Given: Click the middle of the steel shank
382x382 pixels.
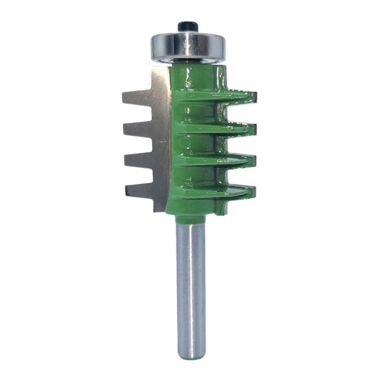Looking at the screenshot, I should [x=191, y=287].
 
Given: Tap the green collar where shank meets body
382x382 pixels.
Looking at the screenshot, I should [x=190, y=219].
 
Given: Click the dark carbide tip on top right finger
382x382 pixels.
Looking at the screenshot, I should [x=254, y=97].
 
